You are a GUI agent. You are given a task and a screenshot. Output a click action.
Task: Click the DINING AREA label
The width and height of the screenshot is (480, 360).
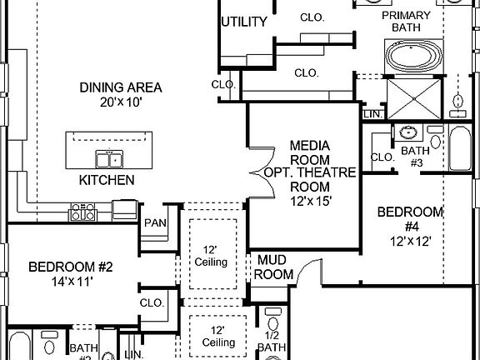tap(121, 87)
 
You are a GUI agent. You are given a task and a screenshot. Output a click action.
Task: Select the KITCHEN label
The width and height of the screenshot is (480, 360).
tap(107, 179)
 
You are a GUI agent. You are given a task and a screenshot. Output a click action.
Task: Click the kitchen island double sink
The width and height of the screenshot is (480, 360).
tap(109, 159)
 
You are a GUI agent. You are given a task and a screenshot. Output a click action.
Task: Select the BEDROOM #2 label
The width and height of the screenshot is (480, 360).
tap(70, 267)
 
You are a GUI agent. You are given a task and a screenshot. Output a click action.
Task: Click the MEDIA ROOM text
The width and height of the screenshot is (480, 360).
tap(310, 152)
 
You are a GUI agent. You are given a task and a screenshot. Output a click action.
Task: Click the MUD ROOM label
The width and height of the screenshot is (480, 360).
tap(273, 267)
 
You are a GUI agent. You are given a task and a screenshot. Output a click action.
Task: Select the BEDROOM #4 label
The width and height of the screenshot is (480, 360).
tap(409, 218)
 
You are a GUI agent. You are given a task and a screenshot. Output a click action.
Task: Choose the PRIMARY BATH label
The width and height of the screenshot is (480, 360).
tap(406, 22)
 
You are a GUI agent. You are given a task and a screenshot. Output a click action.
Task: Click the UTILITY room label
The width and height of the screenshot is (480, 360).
tap(244, 22)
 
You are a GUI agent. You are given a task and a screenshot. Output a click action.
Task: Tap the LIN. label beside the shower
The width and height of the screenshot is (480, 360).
tap(371, 113)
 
